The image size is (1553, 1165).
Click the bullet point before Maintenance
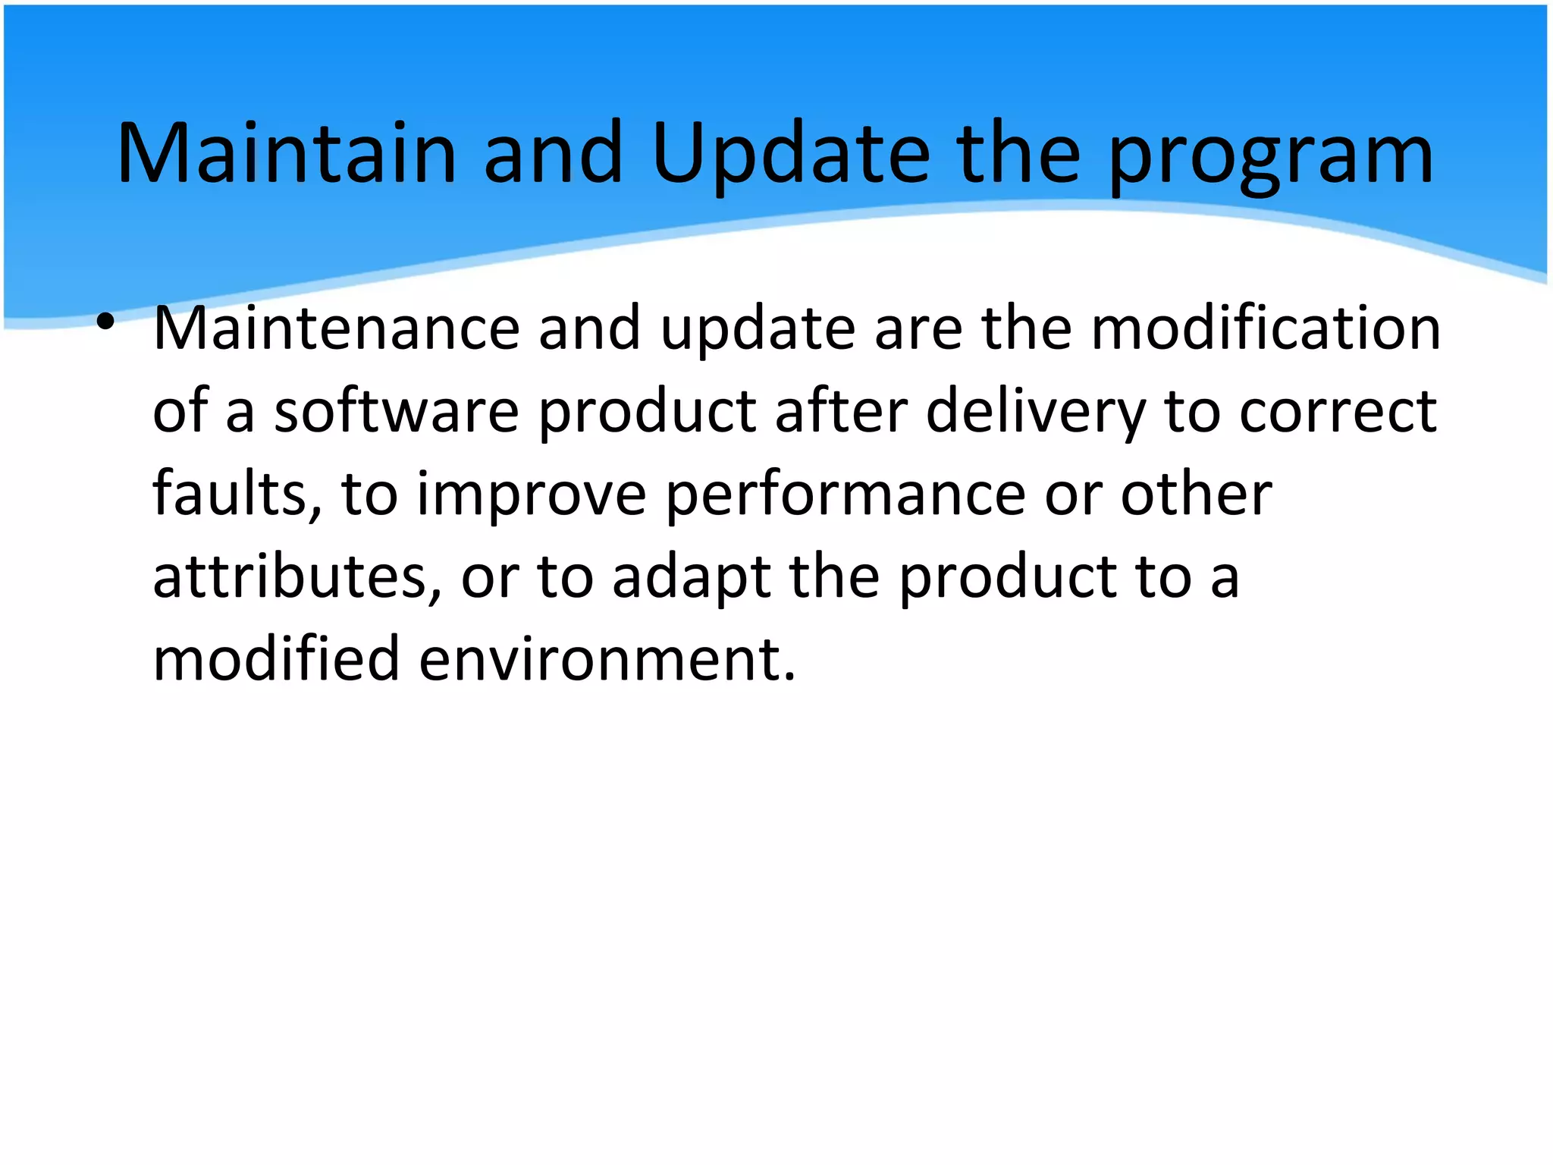tap(105, 322)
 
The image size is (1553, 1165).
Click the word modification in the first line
tap(1265, 329)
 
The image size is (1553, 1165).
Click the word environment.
tap(607, 659)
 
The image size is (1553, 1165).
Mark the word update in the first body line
tap(758, 329)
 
